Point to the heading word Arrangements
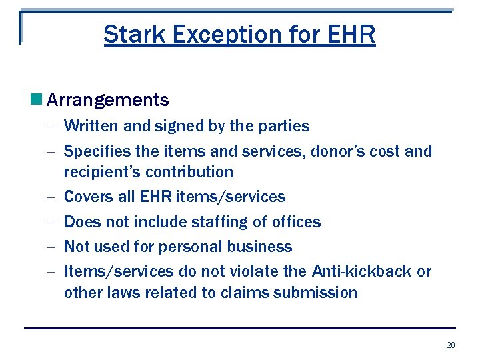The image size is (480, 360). point(108,101)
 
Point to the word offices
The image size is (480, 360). point(297,222)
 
